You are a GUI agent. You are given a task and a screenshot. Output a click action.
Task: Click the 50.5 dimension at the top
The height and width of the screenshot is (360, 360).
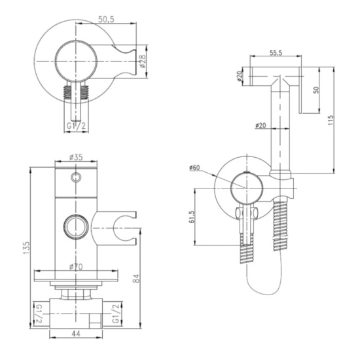tap(106, 19)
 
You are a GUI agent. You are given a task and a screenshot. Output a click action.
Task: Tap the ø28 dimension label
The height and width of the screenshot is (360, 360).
tap(143, 61)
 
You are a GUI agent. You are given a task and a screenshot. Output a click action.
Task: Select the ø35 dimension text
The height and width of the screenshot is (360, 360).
tap(76, 157)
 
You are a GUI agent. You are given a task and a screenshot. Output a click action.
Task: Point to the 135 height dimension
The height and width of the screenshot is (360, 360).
tap(26, 247)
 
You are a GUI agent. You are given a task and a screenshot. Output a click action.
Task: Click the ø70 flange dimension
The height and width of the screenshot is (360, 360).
tap(76, 266)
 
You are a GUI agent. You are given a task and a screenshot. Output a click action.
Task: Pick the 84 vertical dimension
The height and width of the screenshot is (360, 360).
tap(136, 278)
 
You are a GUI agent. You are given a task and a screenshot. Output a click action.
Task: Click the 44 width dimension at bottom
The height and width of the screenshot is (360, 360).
tap(76, 334)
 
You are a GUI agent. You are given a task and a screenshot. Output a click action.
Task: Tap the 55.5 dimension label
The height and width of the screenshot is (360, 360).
tap(276, 53)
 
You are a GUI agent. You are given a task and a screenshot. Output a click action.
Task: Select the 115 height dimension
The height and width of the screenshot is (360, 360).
tap(331, 120)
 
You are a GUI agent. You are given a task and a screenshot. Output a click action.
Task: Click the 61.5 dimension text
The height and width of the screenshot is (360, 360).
tap(192, 217)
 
